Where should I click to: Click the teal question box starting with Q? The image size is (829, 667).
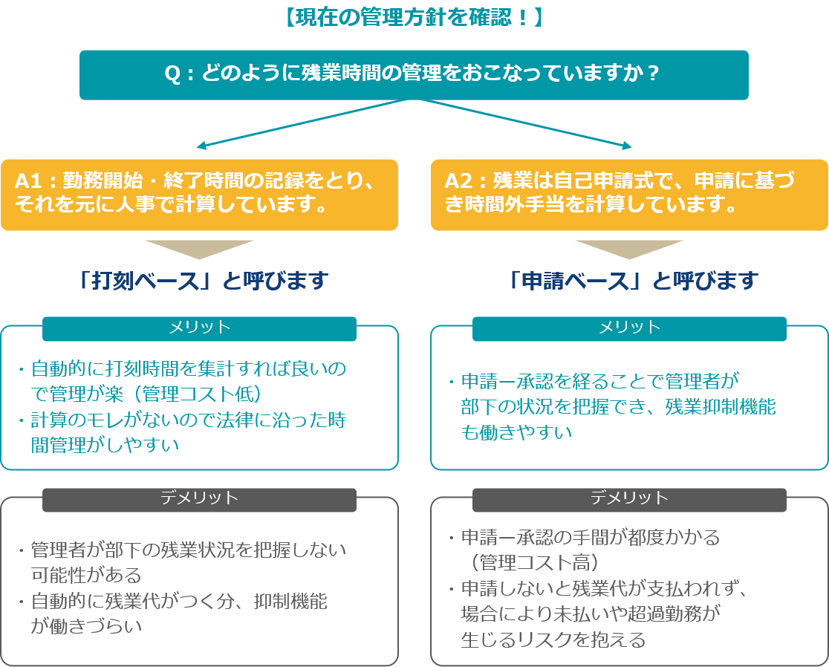(414, 74)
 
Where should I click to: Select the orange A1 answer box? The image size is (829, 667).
(199, 194)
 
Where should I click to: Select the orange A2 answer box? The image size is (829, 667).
(629, 194)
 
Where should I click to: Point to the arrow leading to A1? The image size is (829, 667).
(297, 124)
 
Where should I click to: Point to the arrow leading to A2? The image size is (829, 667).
(527, 124)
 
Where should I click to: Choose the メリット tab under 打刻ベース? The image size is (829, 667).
(199, 328)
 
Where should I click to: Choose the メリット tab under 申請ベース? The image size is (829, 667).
(629, 328)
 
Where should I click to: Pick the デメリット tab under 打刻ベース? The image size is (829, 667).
(199, 499)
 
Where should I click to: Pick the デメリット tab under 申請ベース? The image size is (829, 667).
(629, 499)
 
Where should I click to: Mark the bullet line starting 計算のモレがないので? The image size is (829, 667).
(188, 420)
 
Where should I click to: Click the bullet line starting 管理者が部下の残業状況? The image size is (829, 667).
(188, 550)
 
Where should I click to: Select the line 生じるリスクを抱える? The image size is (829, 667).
(553, 640)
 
